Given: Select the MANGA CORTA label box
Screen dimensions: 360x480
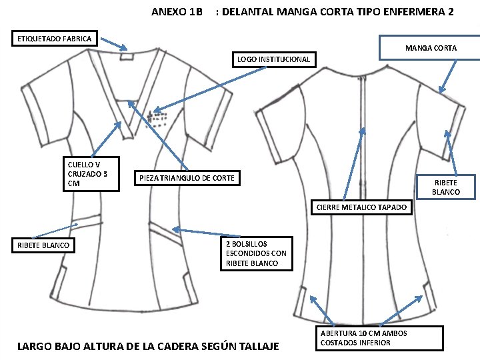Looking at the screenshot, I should (x=431, y=47).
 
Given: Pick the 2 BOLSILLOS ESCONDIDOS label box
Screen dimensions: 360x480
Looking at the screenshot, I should (x=256, y=253).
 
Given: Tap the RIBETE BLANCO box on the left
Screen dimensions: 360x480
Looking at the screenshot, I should (x=43, y=245).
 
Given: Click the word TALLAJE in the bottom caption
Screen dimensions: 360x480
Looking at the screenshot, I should (x=257, y=346).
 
